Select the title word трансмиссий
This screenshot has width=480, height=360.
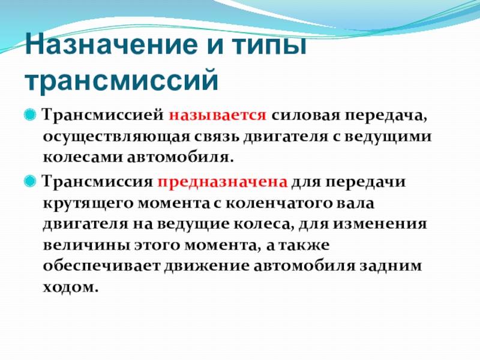[121, 79]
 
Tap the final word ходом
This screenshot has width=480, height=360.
[70, 289]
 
